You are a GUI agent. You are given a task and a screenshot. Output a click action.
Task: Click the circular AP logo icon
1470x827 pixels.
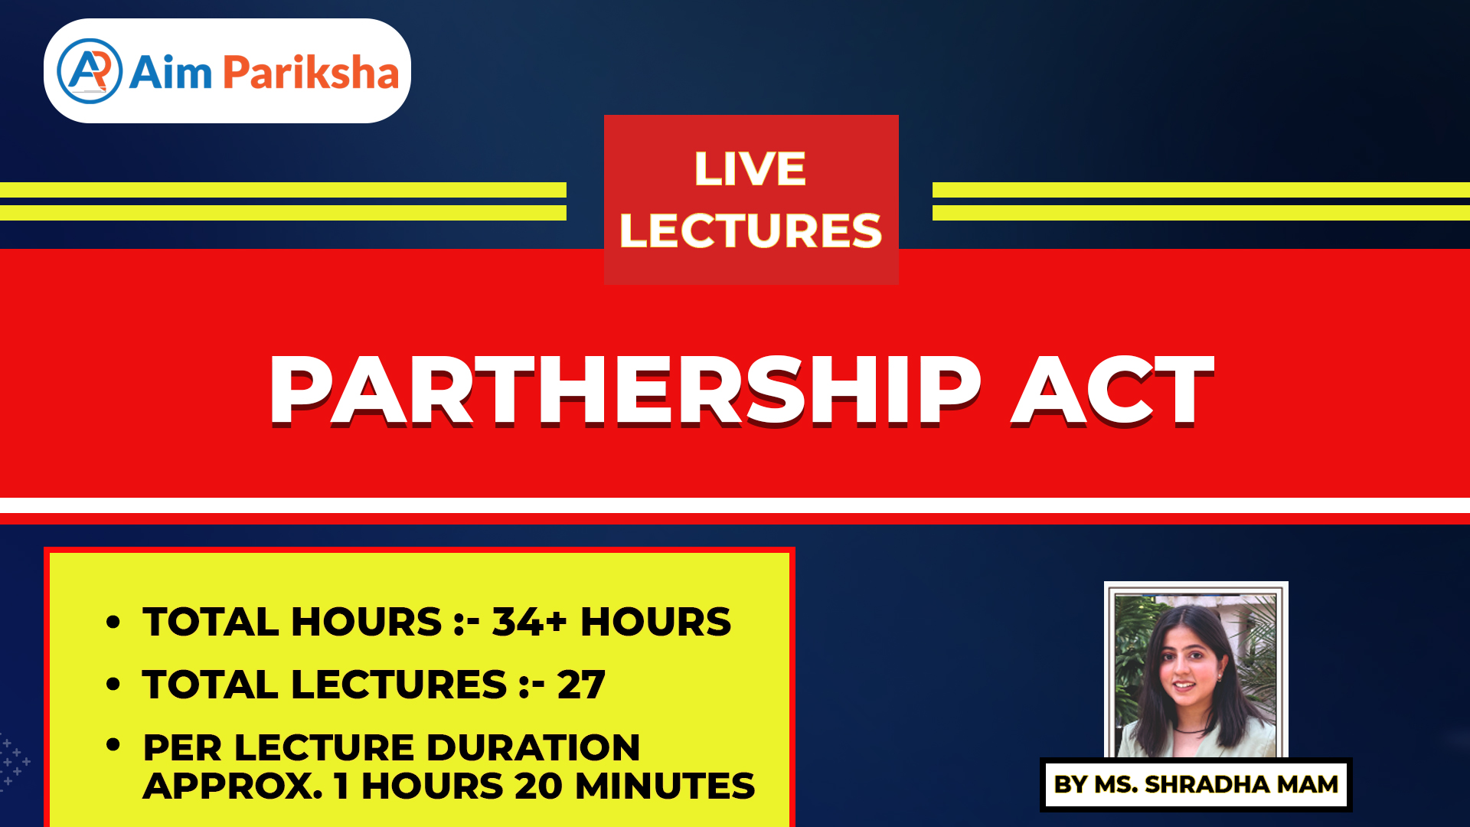90,71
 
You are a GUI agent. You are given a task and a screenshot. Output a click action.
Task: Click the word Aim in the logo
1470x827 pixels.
170,73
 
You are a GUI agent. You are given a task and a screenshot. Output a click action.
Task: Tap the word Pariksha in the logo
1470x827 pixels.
311,73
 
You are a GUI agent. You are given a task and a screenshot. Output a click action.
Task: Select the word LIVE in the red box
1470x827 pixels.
750,168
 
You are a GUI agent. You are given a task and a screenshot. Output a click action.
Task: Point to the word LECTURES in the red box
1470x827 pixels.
750,230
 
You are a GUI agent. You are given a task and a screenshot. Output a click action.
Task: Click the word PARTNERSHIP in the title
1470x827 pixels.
626,390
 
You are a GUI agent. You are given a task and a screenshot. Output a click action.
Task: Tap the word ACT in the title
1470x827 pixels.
1113,390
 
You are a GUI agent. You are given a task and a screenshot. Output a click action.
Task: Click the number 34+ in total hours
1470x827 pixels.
529,621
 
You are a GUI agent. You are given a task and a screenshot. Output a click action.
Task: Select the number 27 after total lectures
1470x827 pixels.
581,684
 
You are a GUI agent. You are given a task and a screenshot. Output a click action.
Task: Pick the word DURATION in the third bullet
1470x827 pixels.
533,747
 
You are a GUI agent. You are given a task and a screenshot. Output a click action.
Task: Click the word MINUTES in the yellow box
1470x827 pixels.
665,786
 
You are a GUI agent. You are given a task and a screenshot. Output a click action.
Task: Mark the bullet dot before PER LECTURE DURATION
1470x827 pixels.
113,744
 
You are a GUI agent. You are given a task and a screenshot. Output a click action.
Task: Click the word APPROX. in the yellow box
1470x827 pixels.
233,786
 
